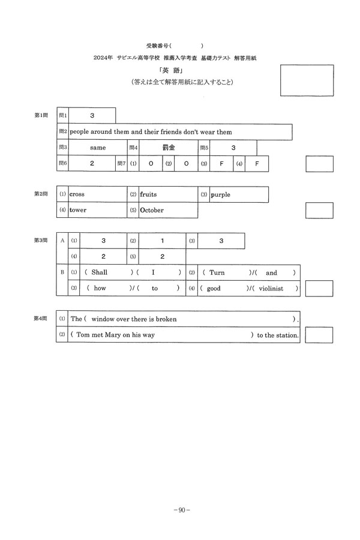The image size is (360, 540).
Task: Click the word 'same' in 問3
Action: point(98,148)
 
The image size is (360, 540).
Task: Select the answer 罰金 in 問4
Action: point(169,148)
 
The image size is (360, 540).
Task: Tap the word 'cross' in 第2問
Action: point(77,194)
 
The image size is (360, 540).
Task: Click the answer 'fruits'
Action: point(148,194)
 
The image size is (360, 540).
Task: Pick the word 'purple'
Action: point(220,194)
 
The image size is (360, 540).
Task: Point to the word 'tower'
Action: point(77,211)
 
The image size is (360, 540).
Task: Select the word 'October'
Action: point(151,211)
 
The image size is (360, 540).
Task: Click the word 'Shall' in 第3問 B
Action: point(99,272)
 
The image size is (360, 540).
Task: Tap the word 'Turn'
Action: point(217,272)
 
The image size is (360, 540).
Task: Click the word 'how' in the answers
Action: point(100,289)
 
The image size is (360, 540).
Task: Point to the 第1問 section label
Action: point(41,115)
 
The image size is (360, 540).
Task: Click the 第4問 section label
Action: point(41,319)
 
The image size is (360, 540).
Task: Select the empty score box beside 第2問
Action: point(319,211)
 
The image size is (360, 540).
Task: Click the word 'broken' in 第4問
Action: point(166,319)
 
